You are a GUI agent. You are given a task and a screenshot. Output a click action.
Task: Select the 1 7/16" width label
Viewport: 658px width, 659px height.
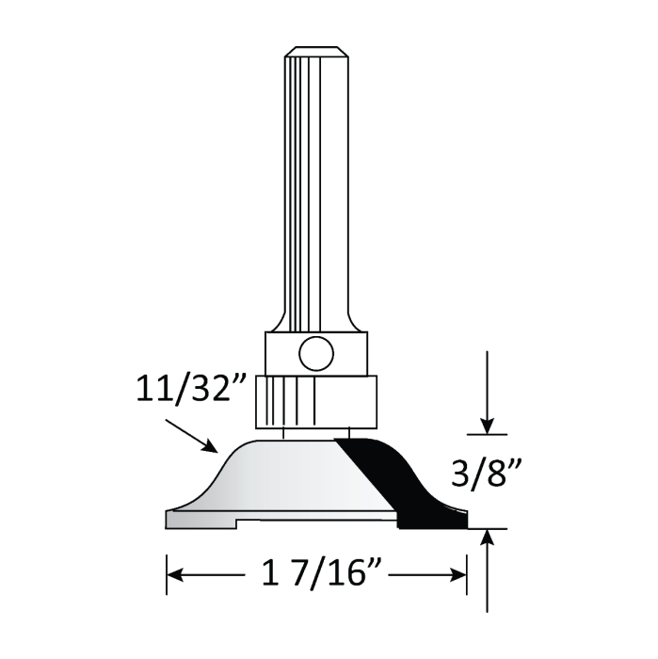tap(317, 573)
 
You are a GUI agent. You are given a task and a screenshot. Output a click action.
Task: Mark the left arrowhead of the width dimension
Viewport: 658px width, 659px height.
tap(175, 573)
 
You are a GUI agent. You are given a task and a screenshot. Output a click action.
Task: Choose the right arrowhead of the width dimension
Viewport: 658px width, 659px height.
tap(459, 573)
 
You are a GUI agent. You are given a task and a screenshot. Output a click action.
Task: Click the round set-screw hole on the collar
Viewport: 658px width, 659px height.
tap(314, 354)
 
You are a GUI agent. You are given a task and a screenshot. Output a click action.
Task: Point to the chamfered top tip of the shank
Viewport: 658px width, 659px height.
tap(316, 50)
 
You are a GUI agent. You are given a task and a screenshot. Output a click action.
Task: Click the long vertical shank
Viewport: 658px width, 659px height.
tap(316, 188)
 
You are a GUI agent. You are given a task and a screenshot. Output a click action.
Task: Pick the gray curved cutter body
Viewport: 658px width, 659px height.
tap(282, 475)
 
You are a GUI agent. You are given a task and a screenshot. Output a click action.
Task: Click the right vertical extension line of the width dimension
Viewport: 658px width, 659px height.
tap(467, 565)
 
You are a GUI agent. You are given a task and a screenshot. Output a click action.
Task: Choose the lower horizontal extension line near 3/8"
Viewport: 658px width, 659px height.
tap(489, 528)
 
